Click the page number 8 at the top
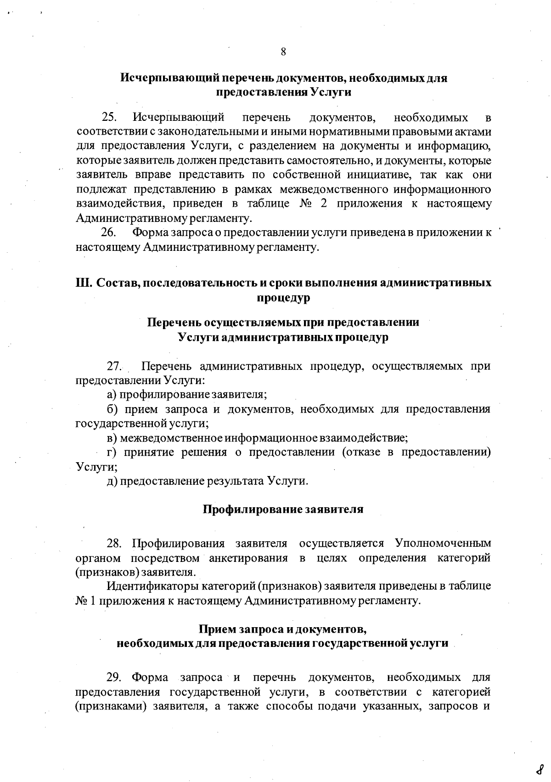[283, 51]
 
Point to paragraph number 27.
[114, 366]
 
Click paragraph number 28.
[114, 543]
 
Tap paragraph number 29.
[114, 677]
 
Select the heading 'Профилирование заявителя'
[283, 509]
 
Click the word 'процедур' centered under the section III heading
[283, 298]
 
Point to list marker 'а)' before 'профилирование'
[112, 395]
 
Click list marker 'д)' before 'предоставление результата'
[112, 481]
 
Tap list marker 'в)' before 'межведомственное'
[112, 438]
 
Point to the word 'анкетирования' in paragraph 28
[248, 558]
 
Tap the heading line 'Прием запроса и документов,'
[283, 628]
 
